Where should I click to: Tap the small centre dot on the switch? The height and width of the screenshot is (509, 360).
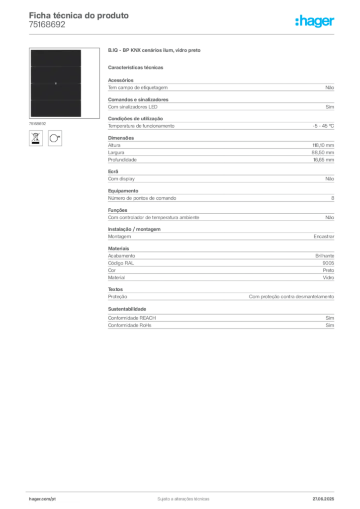coord(56,83)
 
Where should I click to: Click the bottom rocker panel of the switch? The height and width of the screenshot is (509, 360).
coord(55,109)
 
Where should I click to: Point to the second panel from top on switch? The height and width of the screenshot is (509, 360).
coord(55,75)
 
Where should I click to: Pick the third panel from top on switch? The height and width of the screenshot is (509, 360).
coord(55,91)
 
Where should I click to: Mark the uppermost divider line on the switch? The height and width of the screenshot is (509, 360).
coord(55,66)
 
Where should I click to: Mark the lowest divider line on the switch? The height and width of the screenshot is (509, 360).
coord(55,100)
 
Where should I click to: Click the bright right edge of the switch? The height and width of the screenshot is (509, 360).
coord(82,83)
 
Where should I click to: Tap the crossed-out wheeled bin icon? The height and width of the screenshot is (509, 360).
coord(35,138)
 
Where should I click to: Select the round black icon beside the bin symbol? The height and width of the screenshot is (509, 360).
coord(55,137)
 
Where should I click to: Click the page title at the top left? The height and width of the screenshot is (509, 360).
coord(80,16)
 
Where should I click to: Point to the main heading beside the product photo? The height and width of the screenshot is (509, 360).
coord(155,51)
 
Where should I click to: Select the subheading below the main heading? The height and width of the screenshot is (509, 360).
coord(137,67)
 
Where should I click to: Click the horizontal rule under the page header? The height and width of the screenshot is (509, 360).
coord(183,34)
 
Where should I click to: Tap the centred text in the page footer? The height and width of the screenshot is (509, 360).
coord(183,497)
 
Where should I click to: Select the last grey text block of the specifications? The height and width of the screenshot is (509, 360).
coord(220,319)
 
